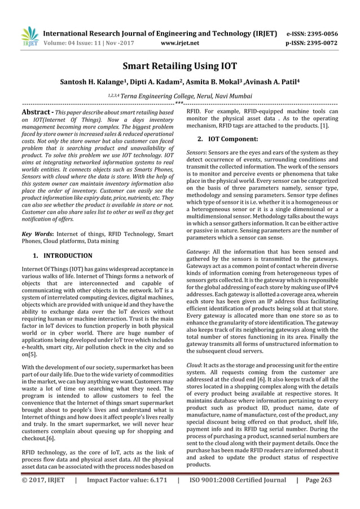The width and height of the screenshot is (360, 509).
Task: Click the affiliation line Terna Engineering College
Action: pos(179,95)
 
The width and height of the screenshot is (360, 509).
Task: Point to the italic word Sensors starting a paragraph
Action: pos(196,153)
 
